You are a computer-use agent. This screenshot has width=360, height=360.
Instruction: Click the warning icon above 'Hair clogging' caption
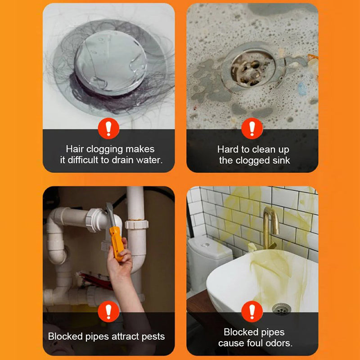tap(108, 129)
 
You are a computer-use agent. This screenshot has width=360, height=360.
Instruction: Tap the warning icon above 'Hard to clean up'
tap(252, 129)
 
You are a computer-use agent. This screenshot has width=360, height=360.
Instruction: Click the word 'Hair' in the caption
tap(75, 149)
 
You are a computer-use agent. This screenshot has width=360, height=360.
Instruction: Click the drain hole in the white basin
tap(281, 308)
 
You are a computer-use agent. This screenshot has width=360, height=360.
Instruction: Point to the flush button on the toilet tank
tap(205, 245)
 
